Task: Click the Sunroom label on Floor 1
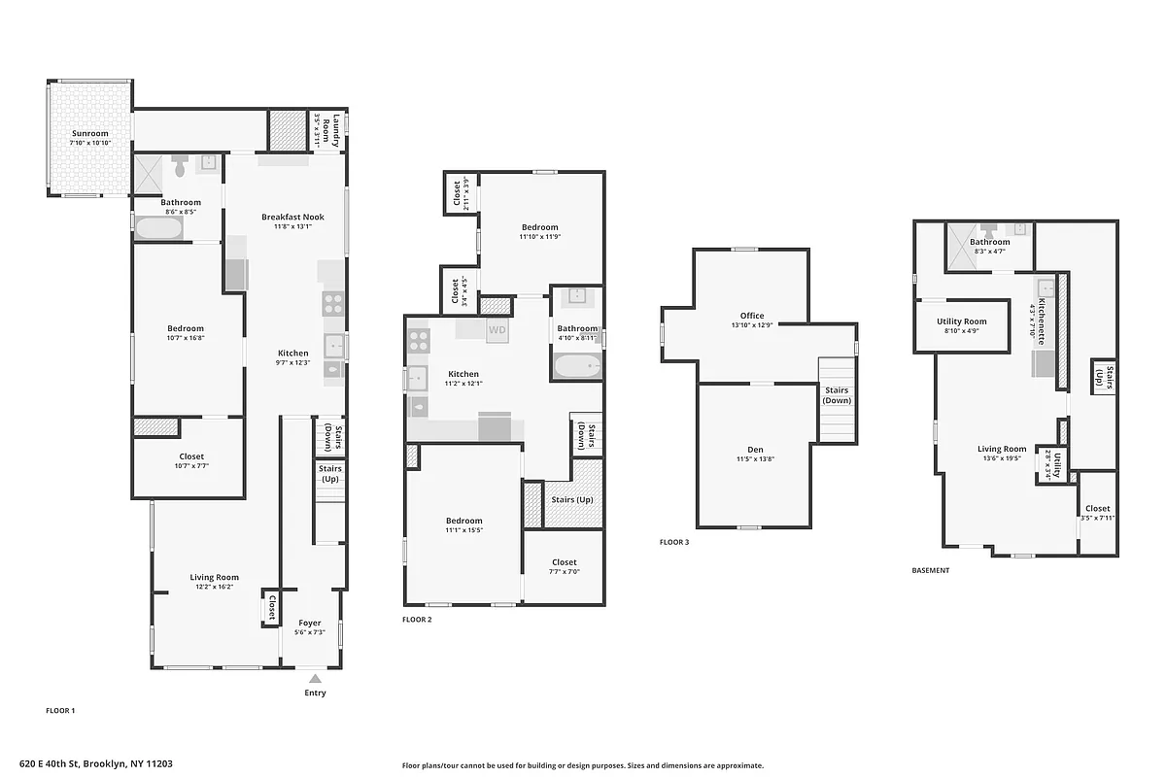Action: coord(89,133)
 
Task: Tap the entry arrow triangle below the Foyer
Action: coord(315,679)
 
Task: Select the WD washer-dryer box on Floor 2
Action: coord(497,330)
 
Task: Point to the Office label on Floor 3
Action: coord(751,316)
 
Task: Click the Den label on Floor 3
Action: coord(755,450)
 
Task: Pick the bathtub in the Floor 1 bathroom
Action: coord(158,229)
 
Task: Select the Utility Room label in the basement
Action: coord(961,321)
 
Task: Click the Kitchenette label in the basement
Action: coord(1041,321)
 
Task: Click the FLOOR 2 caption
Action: coord(417,619)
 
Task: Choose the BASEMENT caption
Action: coord(930,571)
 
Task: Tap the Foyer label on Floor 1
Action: coord(309,624)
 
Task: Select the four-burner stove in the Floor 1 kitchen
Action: coord(332,303)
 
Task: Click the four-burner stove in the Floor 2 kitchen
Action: coord(419,341)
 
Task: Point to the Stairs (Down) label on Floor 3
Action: coord(837,395)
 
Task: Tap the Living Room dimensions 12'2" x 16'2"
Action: coord(215,587)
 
